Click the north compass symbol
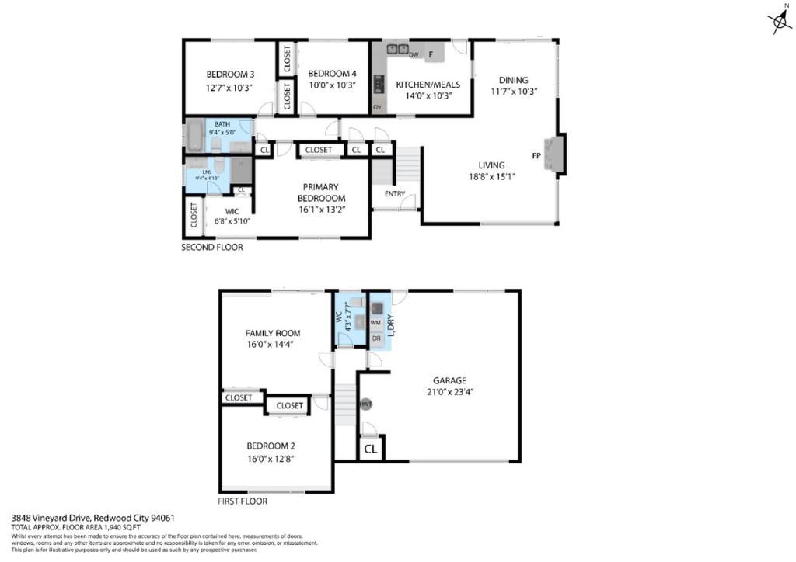[x=779, y=23]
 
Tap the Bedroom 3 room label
[x=230, y=74]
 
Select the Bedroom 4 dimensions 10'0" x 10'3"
[x=332, y=85]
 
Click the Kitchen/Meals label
[x=428, y=85]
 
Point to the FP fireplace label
[x=536, y=155]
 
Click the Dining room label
[x=513, y=79]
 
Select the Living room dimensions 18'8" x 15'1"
[x=491, y=176]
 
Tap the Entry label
[x=394, y=193]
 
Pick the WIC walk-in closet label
[x=232, y=210]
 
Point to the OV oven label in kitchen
[x=377, y=107]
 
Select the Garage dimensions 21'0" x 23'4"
[x=449, y=392]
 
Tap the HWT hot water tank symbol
[x=365, y=404]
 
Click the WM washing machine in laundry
[x=375, y=321]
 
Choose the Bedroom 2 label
[x=270, y=446]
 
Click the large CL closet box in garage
[x=371, y=449]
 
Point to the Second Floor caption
[x=211, y=248]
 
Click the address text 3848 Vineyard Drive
[x=51, y=518]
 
